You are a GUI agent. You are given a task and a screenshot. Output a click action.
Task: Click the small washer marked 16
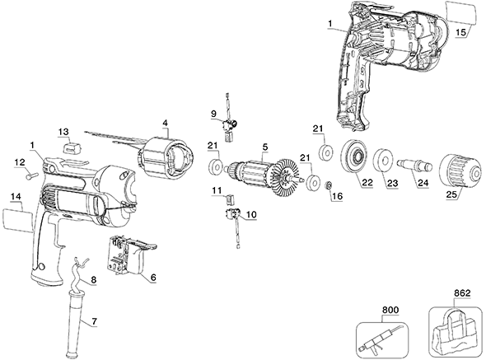[327, 187]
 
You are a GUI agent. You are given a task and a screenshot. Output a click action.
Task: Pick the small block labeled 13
[72, 146]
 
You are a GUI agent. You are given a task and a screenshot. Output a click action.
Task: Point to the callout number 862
[462, 292]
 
